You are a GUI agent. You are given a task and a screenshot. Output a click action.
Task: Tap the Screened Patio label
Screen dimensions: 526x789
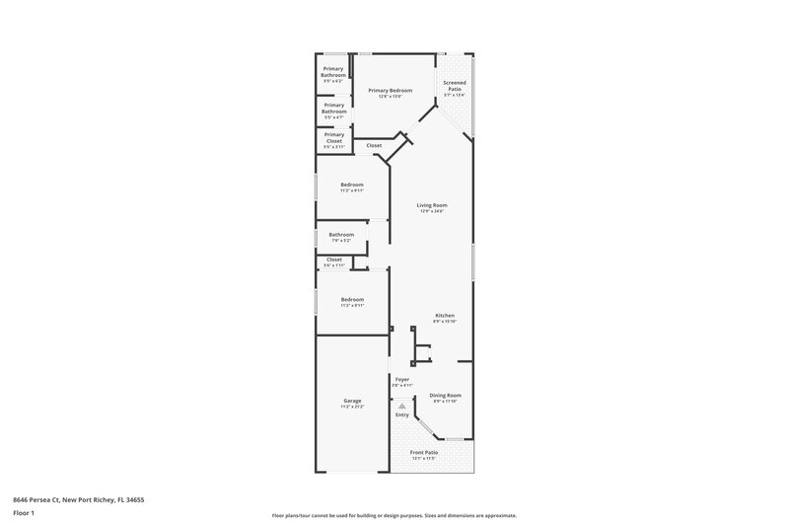(x=455, y=86)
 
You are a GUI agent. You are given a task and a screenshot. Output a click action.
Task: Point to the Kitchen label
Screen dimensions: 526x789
(x=445, y=316)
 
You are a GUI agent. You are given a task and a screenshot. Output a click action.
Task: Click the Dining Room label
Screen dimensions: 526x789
(x=446, y=395)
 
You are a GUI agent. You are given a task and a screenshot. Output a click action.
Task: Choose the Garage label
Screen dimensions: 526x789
(x=352, y=400)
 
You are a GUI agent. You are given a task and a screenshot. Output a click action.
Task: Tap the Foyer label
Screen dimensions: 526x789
(x=402, y=378)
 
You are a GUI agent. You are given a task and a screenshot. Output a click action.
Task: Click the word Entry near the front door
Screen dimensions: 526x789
(x=402, y=414)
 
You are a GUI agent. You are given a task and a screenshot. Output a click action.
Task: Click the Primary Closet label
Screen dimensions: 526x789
(x=334, y=137)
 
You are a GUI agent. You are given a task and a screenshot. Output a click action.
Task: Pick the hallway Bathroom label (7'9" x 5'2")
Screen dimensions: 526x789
(x=341, y=235)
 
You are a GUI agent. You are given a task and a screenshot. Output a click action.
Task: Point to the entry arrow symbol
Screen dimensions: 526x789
(x=401, y=404)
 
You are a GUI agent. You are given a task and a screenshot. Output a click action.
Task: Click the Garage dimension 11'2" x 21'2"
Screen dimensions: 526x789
(x=352, y=406)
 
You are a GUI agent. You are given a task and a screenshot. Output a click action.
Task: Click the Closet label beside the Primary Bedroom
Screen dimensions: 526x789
(x=374, y=145)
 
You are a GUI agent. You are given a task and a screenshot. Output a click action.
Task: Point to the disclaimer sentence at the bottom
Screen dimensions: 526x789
(x=394, y=515)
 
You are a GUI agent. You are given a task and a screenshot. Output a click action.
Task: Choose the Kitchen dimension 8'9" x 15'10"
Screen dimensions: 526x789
(x=445, y=322)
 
